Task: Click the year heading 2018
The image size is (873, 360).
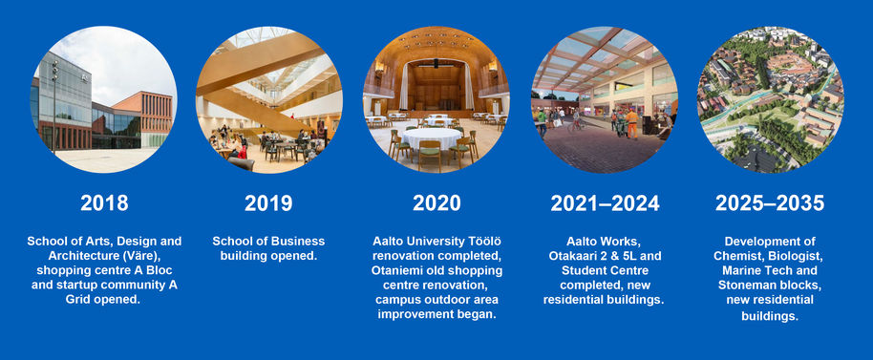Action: tap(104, 203)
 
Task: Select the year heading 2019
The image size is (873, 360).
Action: tap(268, 203)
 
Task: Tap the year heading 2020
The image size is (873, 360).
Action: tap(436, 203)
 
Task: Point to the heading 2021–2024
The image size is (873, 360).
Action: tap(605, 203)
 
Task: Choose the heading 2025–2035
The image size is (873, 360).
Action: tap(770, 203)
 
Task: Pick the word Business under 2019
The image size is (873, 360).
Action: tap(297, 242)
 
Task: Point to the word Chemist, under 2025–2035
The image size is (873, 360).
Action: tap(737, 256)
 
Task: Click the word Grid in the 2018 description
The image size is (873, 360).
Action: tap(78, 299)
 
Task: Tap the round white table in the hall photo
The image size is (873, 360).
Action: tap(432, 139)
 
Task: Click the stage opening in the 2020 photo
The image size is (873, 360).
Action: tap(436, 86)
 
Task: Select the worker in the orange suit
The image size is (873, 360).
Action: tap(632, 123)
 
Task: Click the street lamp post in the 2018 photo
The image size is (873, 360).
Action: tap(54, 106)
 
